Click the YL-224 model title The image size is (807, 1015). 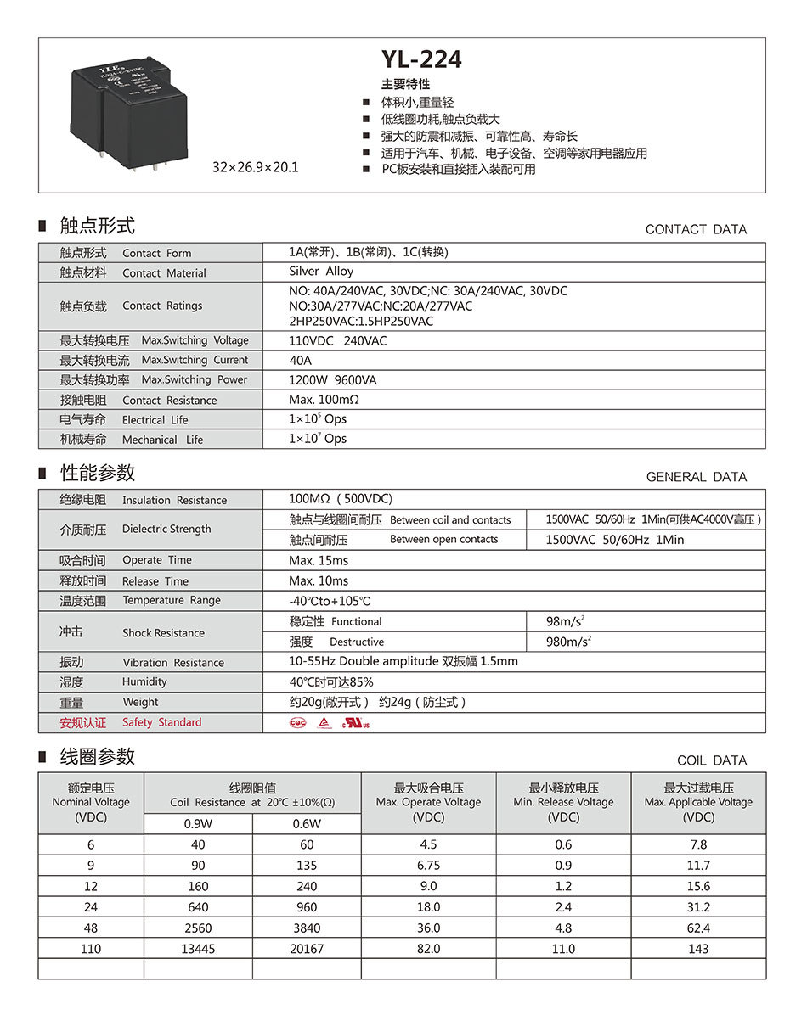click(421, 59)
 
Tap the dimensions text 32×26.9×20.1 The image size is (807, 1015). click(256, 167)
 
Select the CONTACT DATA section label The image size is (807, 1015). click(696, 229)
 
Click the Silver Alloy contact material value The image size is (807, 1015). click(321, 272)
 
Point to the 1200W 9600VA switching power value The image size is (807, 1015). click(332, 379)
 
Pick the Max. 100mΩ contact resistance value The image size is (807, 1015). click(324, 400)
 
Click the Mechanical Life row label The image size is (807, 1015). click(132, 440)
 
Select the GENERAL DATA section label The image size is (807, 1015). click(697, 477)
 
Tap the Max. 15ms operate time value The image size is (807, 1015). click(319, 560)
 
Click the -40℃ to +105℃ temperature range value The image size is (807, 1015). click(330, 601)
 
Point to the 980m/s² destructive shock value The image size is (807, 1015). click(568, 642)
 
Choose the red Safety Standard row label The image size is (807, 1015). click(131, 722)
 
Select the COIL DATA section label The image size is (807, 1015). click(712, 760)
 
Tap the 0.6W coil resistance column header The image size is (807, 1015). click(307, 823)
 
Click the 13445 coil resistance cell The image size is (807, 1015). click(198, 949)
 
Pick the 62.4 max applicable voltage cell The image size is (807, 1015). click(698, 928)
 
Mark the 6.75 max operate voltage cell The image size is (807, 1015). click(428, 866)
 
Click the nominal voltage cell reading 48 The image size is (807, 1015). click(91, 928)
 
